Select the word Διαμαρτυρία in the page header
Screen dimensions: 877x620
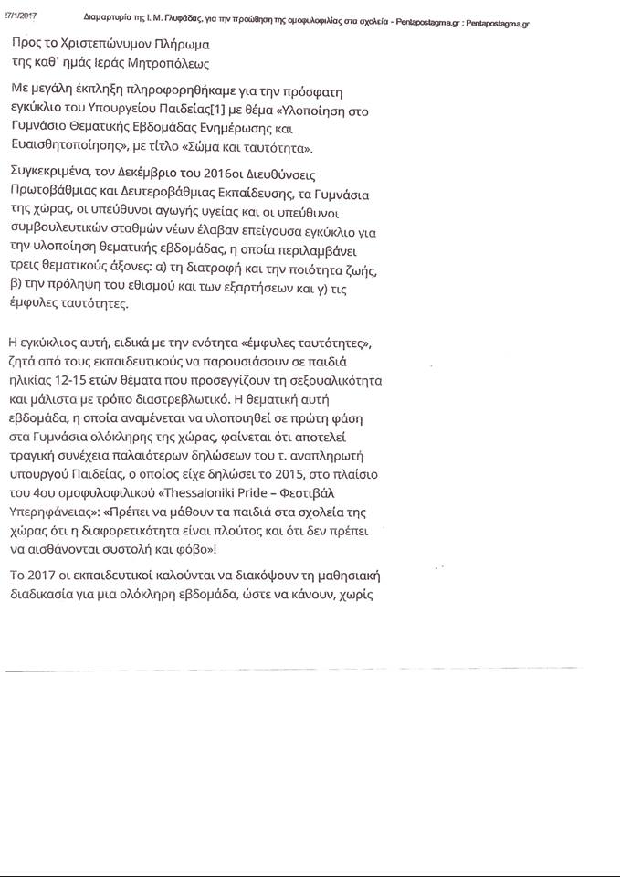tap(107, 17)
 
